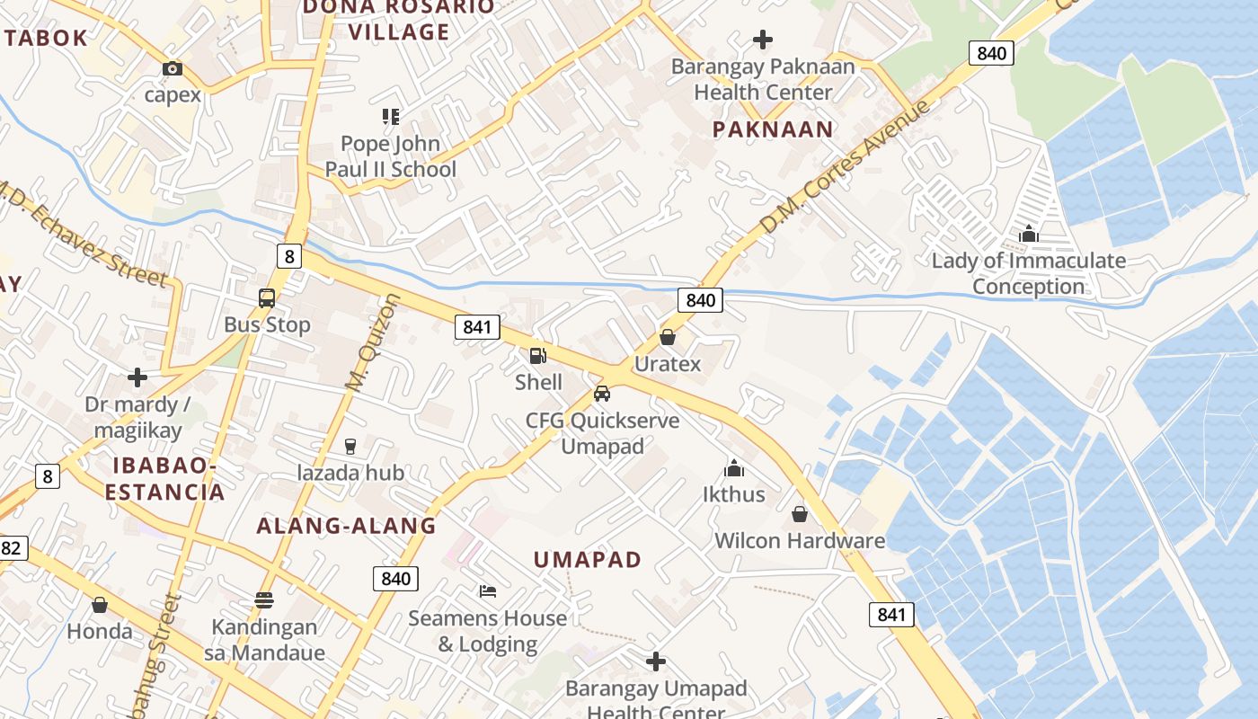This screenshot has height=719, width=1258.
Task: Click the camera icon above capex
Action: click(173, 68)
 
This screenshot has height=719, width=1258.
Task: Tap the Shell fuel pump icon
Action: click(537, 356)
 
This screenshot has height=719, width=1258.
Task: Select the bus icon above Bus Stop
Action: click(267, 298)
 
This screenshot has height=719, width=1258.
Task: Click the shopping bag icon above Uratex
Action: click(668, 337)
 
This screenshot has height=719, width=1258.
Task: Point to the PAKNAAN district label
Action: click(773, 129)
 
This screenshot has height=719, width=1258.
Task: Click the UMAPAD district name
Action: click(588, 560)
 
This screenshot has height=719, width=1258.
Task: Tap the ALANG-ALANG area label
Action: click(346, 526)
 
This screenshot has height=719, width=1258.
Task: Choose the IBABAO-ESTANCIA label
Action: click(164, 479)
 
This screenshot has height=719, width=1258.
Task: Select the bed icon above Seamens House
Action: click(488, 591)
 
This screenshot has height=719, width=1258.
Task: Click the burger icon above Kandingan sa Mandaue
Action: click(264, 599)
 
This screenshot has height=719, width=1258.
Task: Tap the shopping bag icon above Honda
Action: click(100, 605)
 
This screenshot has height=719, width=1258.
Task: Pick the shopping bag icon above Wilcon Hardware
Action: click(800, 514)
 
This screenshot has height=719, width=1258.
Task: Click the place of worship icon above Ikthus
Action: click(734, 468)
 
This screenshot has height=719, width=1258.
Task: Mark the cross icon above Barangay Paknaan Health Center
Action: click(763, 40)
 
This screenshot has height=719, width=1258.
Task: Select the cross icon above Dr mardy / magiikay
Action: click(137, 377)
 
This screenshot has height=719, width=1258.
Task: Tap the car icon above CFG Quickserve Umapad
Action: click(602, 394)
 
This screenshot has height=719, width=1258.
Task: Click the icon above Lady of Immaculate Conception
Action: click(1029, 235)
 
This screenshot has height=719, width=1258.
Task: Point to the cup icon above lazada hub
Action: click(350, 446)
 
